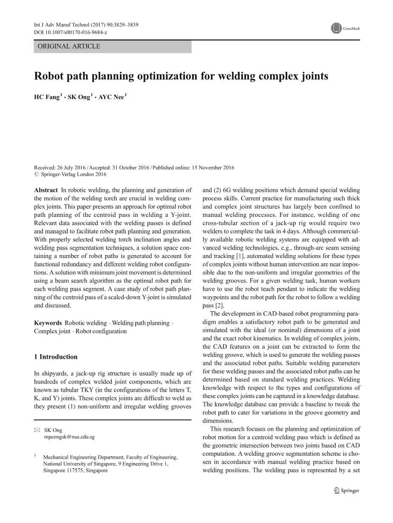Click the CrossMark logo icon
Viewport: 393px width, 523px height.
coord(336,28)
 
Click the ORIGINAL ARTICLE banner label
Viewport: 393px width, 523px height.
coord(69,46)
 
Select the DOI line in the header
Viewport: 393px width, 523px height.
coord(71,32)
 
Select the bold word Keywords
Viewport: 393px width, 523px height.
coord(48,323)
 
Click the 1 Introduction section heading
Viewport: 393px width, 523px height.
coord(56,357)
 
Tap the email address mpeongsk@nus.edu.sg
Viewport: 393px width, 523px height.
coord(69,437)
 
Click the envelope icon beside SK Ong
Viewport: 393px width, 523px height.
coord(37,430)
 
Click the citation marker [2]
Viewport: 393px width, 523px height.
coord(218,306)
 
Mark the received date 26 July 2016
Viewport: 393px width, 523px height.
coord(72,168)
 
